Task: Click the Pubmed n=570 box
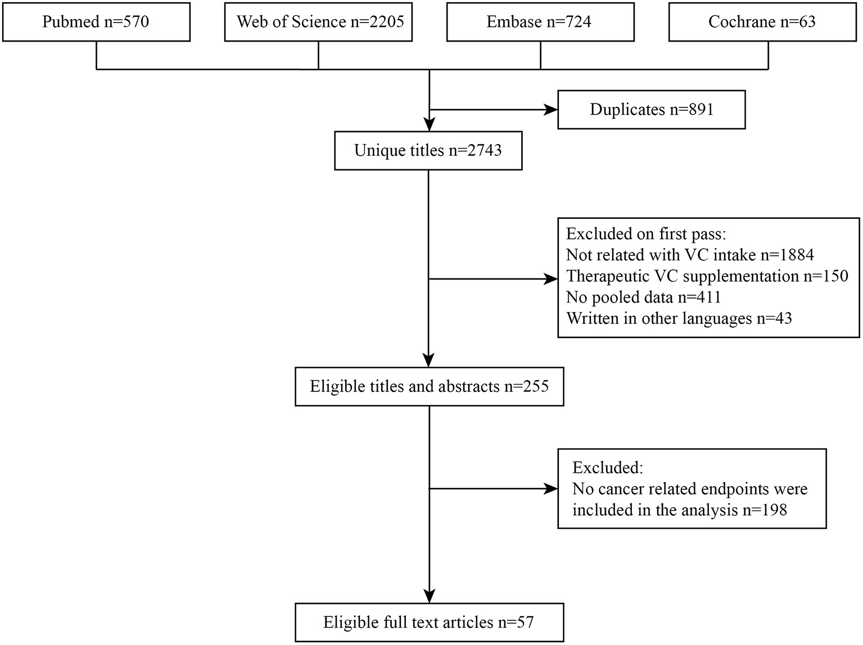pyautogui.click(x=96, y=22)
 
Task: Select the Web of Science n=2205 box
pyautogui.click(x=318, y=22)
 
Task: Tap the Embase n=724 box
pyautogui.click(x=540, y=22)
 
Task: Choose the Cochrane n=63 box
pyautogui.click(x=762, y=22)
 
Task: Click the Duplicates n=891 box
pyautogui.click(x=651, y=110)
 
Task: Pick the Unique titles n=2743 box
pyautogui.click(x=428, y=151)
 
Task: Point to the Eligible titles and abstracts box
pyautogui.click(x=429, y=387)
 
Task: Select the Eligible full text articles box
pyautogui.click(x=429, y=623)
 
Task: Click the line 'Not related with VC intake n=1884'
pyautogui.click(x=689, y=255)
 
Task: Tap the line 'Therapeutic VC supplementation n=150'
pyautogui.click(x=707, y=276)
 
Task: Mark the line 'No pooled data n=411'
pyautogui.click(x=643, y=297)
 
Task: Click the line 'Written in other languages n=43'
pyautogui.click(x=679, y=318)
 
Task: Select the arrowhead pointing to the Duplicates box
pyautogui.click(x=550, y=110)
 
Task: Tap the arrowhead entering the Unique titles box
pyautogui.click(x=429, y=125)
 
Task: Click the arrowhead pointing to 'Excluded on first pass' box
pyautogui.click(x=550, y=278)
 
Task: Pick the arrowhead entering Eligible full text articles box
pyautogui.click(x=429, y=596)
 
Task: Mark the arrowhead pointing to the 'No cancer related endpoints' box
pyautogui.click(x=550, y=489)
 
